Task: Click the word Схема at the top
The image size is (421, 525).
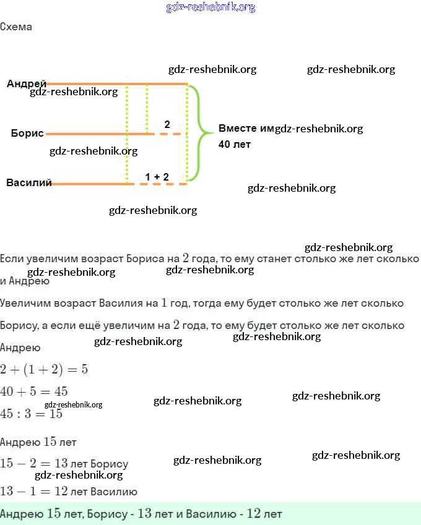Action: [x=16, y=27]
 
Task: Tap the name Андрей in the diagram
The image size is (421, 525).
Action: [x=27, y=83]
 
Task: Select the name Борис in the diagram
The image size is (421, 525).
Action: [x=27, y=133]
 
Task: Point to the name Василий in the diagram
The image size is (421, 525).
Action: [x=29, y=182]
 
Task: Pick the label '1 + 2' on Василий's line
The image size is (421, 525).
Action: [x=157, y=177]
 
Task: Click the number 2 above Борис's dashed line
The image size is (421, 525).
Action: [x=167, y=124]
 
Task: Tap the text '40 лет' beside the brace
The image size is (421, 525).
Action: [x=235, y=144]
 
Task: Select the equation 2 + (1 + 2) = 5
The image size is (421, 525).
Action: [x=44, y=369]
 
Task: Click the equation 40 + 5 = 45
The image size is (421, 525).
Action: [x=34, y=391]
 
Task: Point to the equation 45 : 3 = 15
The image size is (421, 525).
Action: [x=31, y=414]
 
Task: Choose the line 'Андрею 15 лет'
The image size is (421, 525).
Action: [x=38, y=442]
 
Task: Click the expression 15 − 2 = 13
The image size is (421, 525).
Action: [x=33, y=464]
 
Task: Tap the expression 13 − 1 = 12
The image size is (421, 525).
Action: [x=33, y=492]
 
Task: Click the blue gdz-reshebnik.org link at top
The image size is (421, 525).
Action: [x=210, y=7]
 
